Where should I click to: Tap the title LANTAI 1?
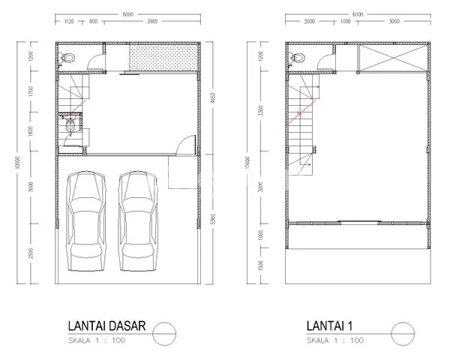(334, 326)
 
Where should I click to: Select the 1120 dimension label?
(72, 22)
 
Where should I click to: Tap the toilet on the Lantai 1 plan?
(299, 57)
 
